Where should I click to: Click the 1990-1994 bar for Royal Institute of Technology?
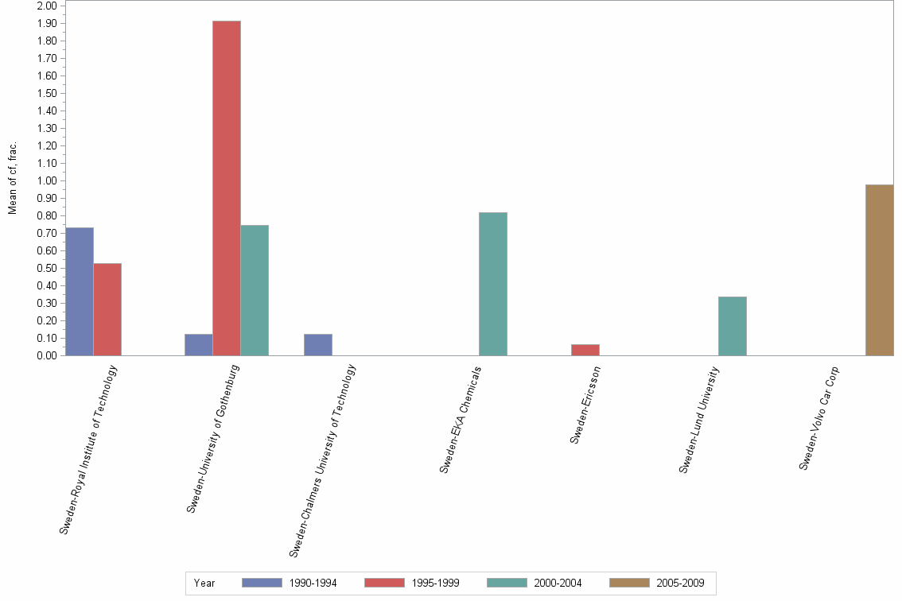click(80, 291)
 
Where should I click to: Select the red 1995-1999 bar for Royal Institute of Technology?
click(107, 309)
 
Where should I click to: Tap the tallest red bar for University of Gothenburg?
click(227, 188)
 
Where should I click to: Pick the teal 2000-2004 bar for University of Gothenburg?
click(255, 290)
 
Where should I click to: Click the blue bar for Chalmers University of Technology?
click(318, 345)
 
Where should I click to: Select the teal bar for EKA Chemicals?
click(493, 284)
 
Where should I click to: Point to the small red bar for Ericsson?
click(585, 350)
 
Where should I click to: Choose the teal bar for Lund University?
click(733, 326)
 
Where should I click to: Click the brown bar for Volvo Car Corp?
click(880, 270)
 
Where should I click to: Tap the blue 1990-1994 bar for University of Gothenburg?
click(199, 345)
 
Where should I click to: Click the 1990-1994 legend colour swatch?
click(262, 583)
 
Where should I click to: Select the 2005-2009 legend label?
click(680, 583)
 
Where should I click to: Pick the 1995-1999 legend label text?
click(435, 583)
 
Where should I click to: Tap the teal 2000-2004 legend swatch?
click(507, 583)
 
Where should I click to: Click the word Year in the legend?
click(204, 583)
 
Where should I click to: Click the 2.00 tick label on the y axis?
click(47, 6)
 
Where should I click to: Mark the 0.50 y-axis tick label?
click(47, 268)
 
